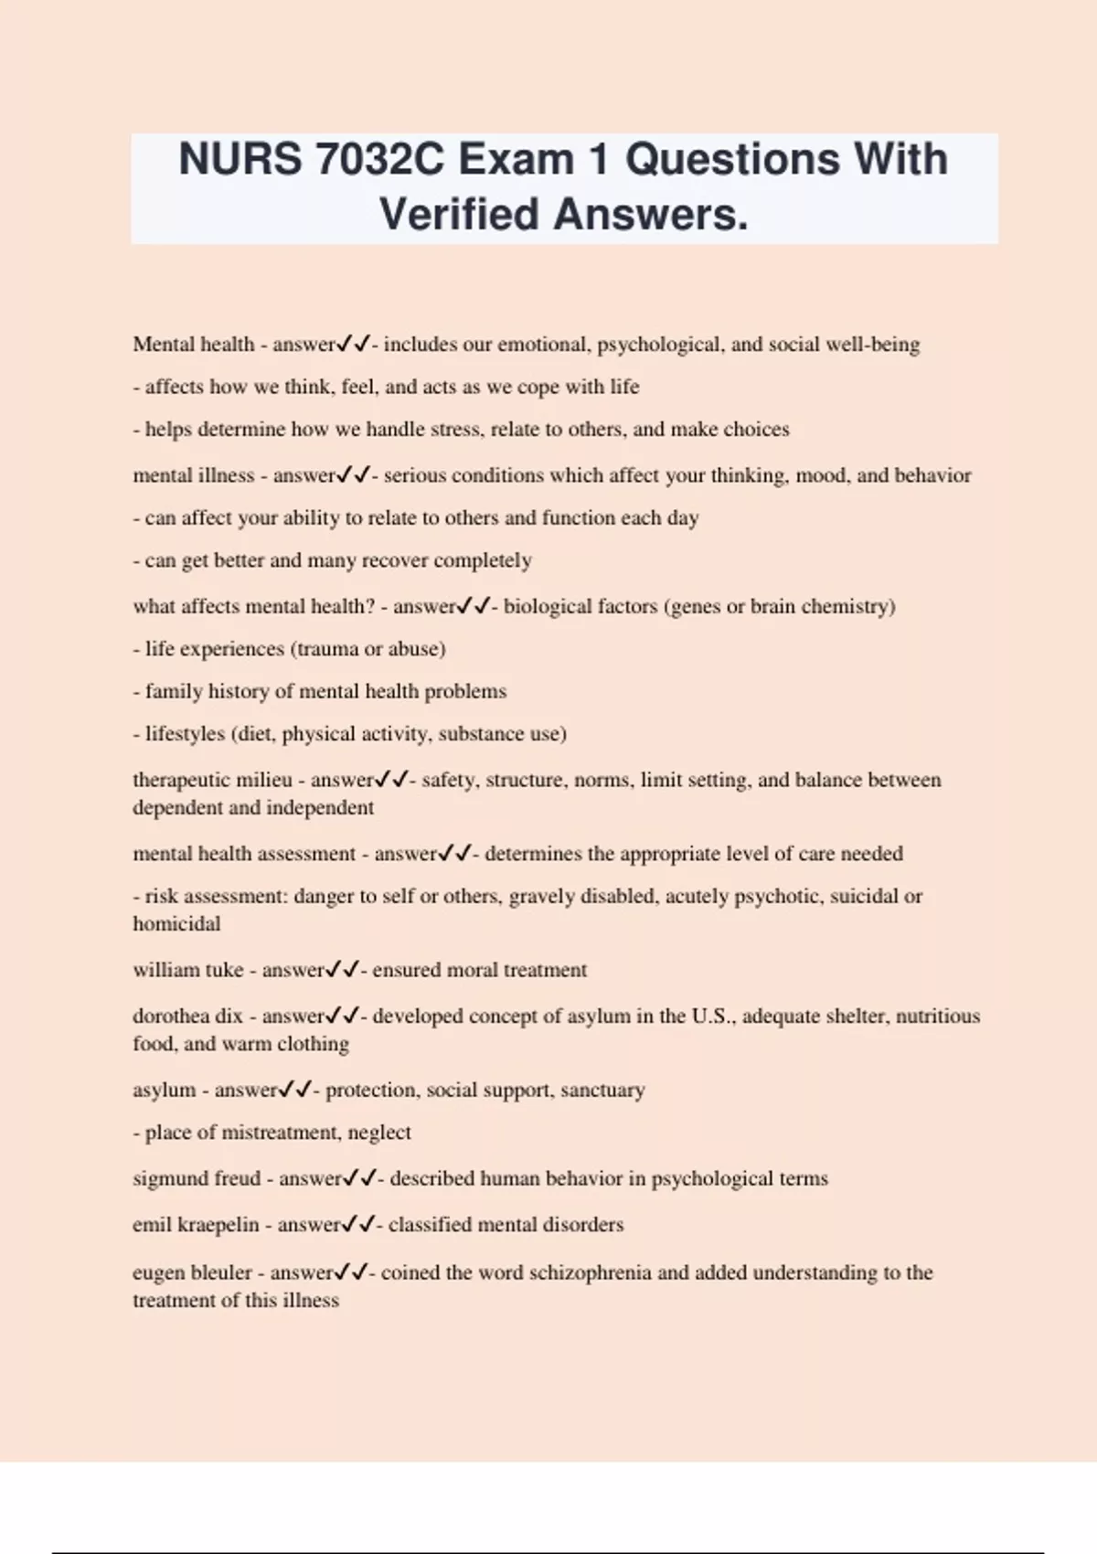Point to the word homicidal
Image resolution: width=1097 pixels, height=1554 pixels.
tap(176, 924)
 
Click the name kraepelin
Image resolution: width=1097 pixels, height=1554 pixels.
tap(218, 1225)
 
